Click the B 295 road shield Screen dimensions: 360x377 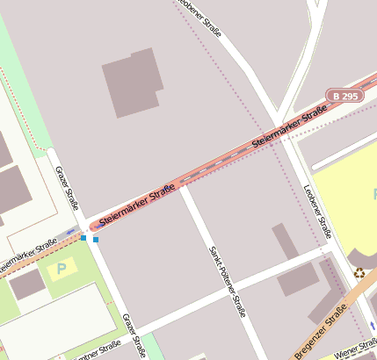344,95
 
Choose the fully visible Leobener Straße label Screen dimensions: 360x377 317,212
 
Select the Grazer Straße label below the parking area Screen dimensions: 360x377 132,334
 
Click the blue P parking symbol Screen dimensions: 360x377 61,268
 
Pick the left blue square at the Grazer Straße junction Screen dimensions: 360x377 83,237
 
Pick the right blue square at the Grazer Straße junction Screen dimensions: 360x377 95,239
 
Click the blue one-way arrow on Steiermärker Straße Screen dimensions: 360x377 72,233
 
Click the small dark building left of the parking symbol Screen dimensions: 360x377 27,284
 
